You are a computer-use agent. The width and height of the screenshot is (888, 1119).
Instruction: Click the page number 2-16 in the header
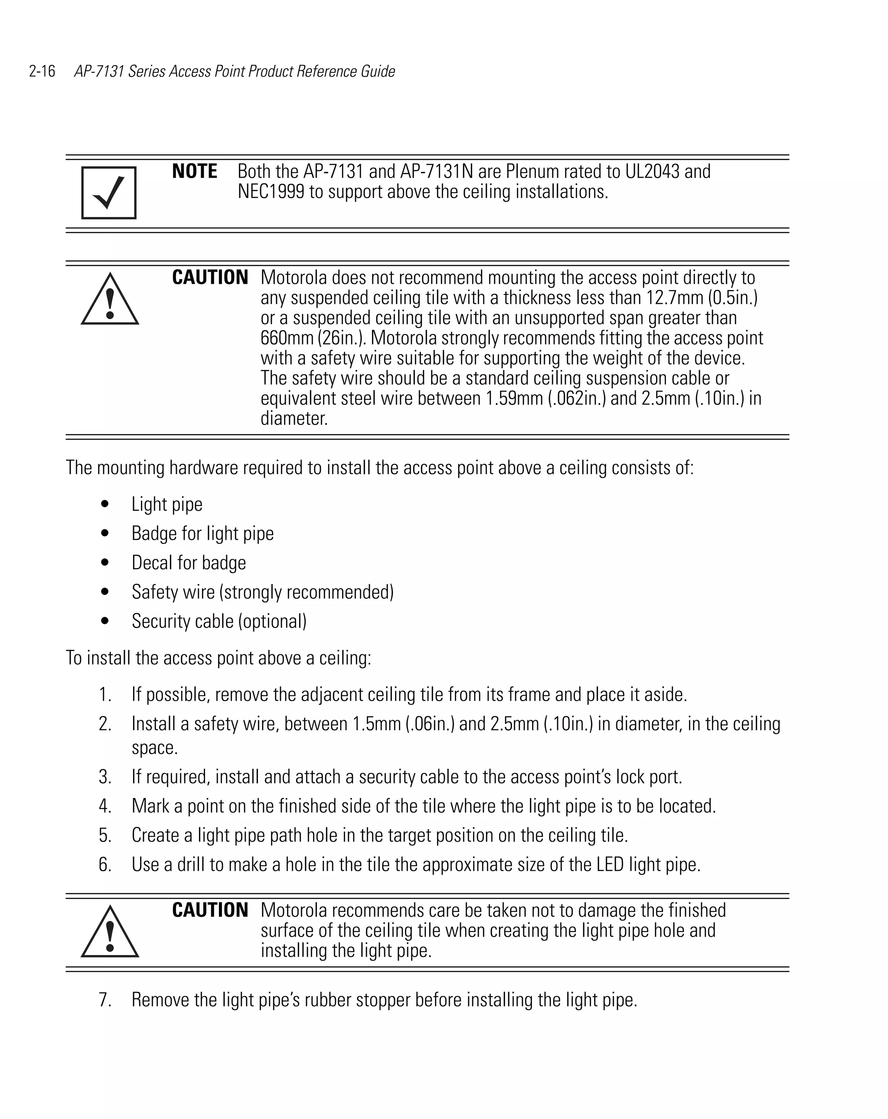pos(42,71)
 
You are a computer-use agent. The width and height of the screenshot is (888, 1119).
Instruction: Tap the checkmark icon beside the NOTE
pos(109,193)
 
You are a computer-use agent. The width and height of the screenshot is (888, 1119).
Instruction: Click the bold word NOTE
pos(195,171)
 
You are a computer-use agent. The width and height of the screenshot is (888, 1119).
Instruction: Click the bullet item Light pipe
pos(166,505)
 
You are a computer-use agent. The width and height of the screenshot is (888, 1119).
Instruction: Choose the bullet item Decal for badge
pos(189,563)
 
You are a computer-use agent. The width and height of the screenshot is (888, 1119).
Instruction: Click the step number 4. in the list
pos(105,806)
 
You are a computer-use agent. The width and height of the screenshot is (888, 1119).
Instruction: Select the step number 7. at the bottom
pos(105,1000)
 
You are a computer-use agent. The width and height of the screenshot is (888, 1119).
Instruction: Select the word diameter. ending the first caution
pos(294,419)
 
